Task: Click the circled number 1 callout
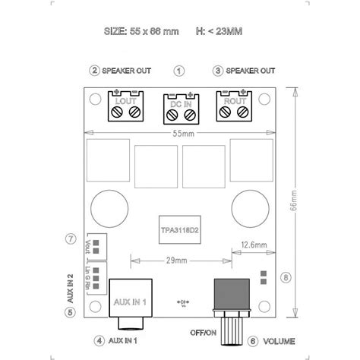(x=179, y=71)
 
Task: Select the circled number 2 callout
(x=93, y=71)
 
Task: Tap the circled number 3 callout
(x=217, y=71)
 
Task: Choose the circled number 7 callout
(x=71, y=238)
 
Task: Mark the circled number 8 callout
(x=285, y=277)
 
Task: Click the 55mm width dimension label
(x=180, y=134)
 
